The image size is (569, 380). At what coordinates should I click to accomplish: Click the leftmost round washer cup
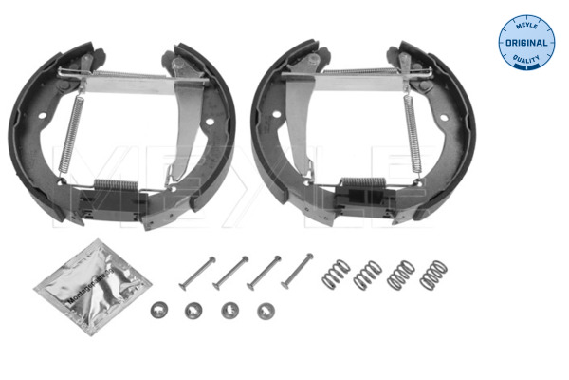click(x=157, y=309)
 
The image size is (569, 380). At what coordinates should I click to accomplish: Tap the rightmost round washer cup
click(x=266, y=309)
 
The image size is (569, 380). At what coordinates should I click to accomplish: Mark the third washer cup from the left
click(x=229, y=309)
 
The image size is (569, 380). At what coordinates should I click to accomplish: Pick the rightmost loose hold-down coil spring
click(x=431, y=275)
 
